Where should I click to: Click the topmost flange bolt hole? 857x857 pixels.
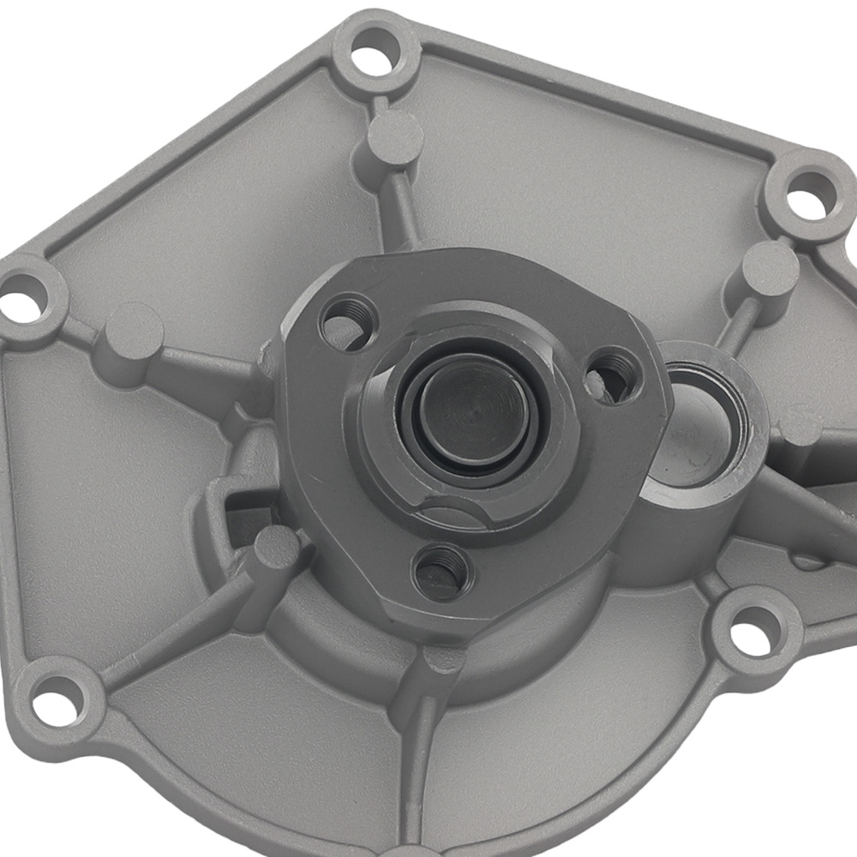[x=369, y=58]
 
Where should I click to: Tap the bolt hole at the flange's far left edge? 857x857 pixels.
[x=24, y=302]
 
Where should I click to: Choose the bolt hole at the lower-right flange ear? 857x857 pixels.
[x=753, y=628]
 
